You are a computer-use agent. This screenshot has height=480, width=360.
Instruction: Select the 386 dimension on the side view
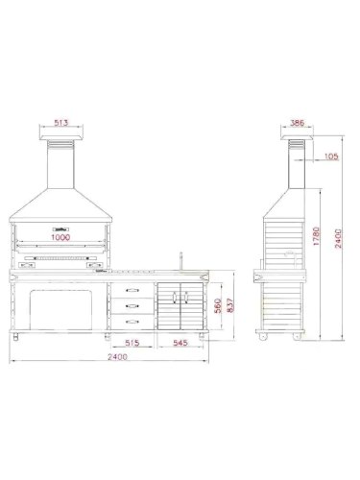(x=300, y=124)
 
